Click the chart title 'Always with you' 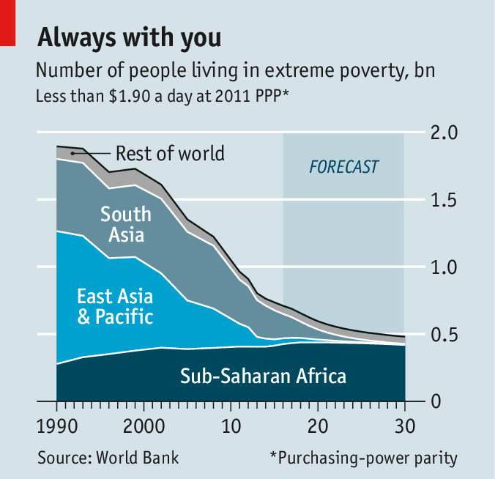(x=129, y=36)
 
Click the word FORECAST (x=344, y=167)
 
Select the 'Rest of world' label (x=170, y=154)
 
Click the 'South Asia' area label (x=126, y=224)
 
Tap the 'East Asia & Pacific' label (x=115, y=307)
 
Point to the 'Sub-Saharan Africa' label (x=263, y=376)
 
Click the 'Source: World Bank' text (x=108, y=458)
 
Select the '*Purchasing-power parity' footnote (x=363, y=458)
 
